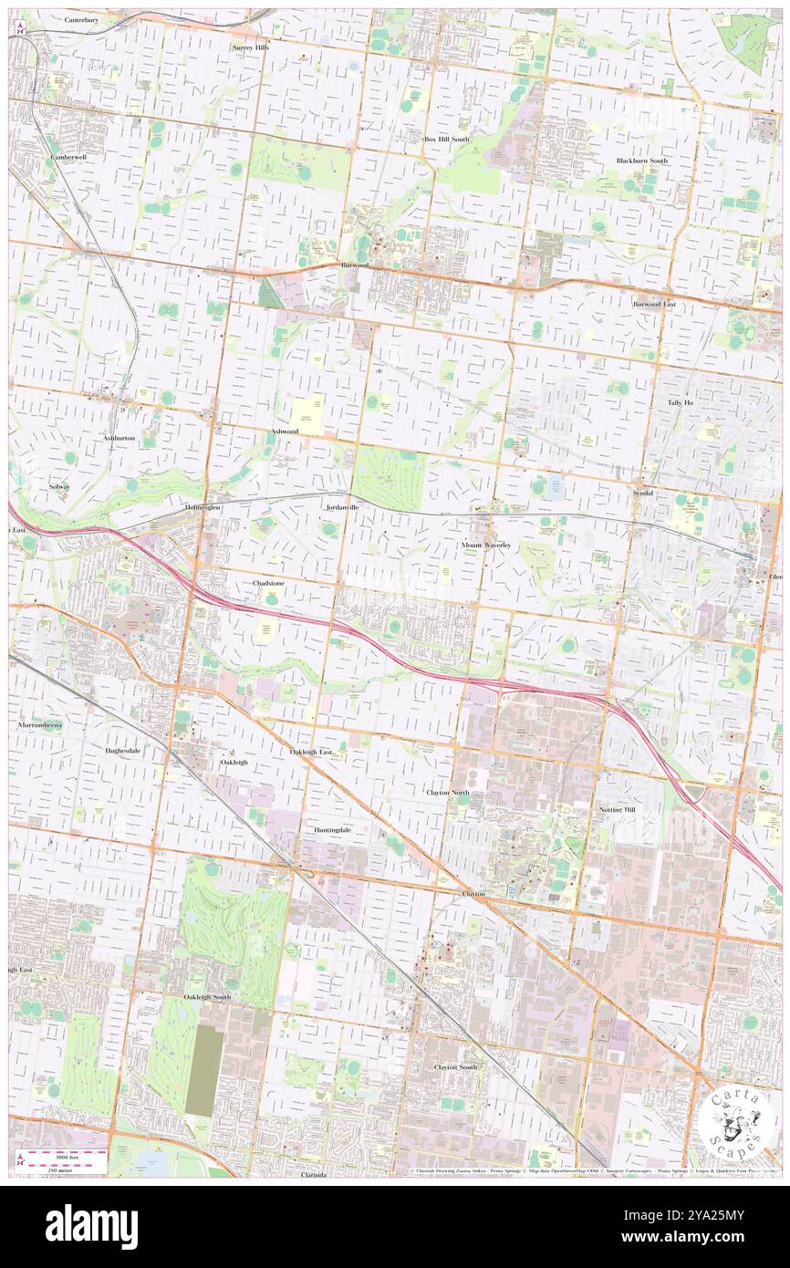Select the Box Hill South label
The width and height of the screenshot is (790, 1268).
446,139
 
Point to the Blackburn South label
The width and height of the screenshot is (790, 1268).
641,161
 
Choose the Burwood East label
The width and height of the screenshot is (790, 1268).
654,303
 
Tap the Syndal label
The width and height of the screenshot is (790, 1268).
642,493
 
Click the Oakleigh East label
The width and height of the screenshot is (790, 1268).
311,752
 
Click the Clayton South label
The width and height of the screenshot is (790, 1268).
455,1066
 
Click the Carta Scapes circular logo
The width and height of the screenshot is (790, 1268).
739,1121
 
